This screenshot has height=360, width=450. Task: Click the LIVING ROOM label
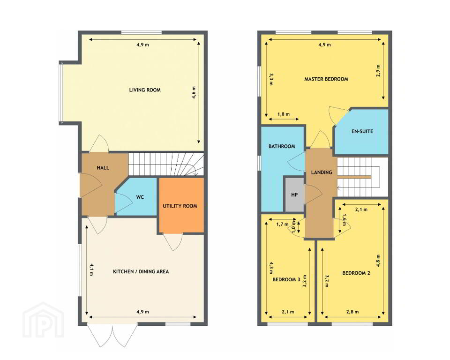(145, 90)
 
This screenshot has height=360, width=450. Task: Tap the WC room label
(140, 197)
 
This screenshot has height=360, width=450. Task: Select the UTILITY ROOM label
(180, 206)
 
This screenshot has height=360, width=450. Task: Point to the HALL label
(103, 168)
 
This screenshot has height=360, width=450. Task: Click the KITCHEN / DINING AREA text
(141, 271)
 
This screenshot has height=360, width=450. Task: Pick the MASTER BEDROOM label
(326, 79)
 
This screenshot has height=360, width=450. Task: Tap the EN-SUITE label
(362, 131)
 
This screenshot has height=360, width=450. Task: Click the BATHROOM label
(282, 146)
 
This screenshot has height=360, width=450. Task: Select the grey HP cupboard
(294, 195)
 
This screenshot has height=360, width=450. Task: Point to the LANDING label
(322, 172)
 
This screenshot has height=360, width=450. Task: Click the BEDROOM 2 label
(356, 273)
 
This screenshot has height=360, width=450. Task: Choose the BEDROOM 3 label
(286, 279)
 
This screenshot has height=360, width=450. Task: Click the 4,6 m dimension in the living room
(194, 92)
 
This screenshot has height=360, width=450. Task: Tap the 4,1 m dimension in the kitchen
(91, 270)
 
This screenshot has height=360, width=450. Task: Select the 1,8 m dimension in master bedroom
(284, 114)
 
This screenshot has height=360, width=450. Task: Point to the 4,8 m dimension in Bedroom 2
(378, 261)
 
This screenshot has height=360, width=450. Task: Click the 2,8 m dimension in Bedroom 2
(352, 311)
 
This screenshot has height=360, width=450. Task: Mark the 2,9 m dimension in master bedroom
(378, 70)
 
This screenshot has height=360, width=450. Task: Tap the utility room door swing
(173, 242)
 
